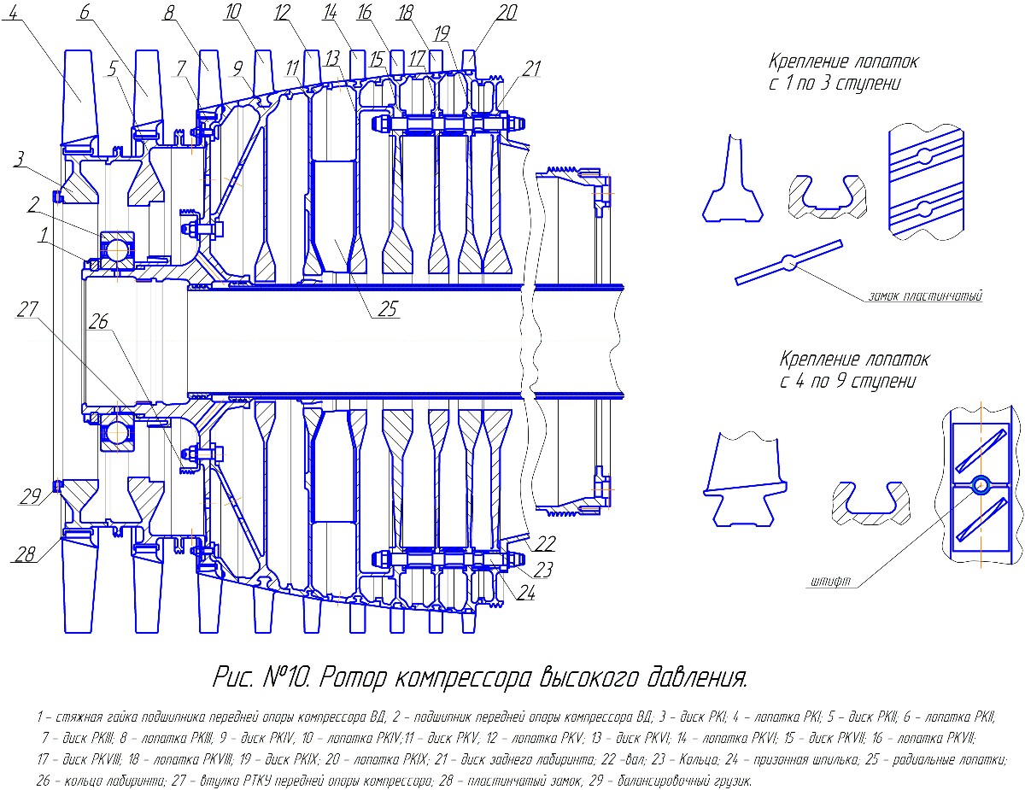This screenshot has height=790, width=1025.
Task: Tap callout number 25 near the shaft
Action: (x=387, y=309)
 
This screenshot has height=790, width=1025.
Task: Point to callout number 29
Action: (x=31, y=496)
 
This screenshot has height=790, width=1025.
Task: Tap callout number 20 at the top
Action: (x=507, y=13)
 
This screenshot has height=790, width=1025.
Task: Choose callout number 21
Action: (x=531, y=69)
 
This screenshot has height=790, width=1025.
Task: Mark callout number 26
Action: (x=99, y=322)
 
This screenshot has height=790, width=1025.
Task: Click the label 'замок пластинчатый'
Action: (x=924, y=296)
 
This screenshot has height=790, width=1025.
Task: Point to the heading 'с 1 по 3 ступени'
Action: (x=834, y=84)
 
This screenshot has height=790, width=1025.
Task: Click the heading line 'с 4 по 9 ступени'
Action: (x=846, y=381)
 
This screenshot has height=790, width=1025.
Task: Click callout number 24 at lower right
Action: (x=526, y=593)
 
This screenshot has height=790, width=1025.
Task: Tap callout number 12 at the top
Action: (x=284, y=13)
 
